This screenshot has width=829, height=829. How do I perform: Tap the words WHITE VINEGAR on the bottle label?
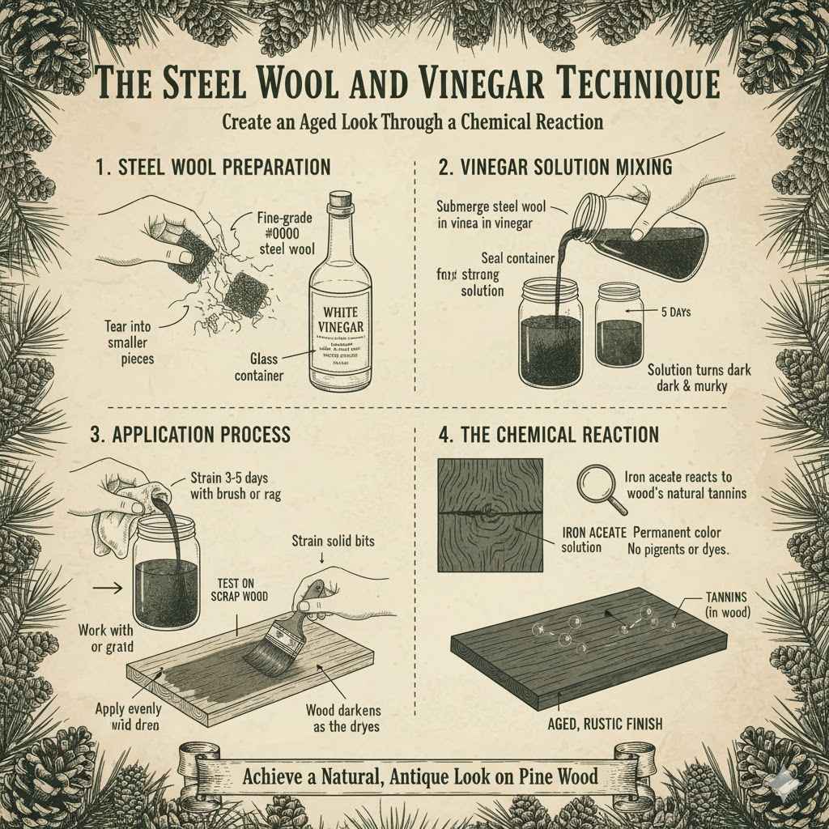click(340, 318)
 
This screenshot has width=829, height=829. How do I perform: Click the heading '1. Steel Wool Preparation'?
click(213, 168)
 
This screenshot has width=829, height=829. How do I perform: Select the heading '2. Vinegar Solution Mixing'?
click(555, 168)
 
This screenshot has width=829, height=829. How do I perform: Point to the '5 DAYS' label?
click(674, 312)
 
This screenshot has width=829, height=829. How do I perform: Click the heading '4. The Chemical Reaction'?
click(548, 435)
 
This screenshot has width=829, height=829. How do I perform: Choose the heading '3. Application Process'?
click(189, 435)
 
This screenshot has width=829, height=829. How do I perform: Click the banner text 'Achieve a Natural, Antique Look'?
click(420, 776)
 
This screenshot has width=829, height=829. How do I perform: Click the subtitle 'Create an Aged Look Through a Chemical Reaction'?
click(413, 121)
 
